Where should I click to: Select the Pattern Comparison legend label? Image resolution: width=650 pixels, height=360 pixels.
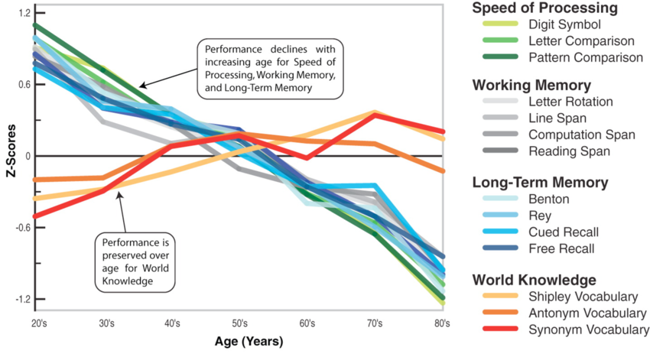[586, 57]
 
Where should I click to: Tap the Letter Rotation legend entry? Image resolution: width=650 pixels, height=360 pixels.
[570, 101]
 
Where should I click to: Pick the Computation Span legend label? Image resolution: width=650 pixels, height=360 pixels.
[581, 135]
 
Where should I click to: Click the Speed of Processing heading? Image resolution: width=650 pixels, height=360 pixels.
[544, 8]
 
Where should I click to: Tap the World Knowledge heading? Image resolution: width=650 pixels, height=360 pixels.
[532, 280]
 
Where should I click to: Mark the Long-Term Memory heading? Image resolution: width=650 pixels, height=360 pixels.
[540, 183]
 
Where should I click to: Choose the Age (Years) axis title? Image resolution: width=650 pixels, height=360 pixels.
[239, 341]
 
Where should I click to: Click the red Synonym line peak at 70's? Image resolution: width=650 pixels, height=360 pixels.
[375, 115]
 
